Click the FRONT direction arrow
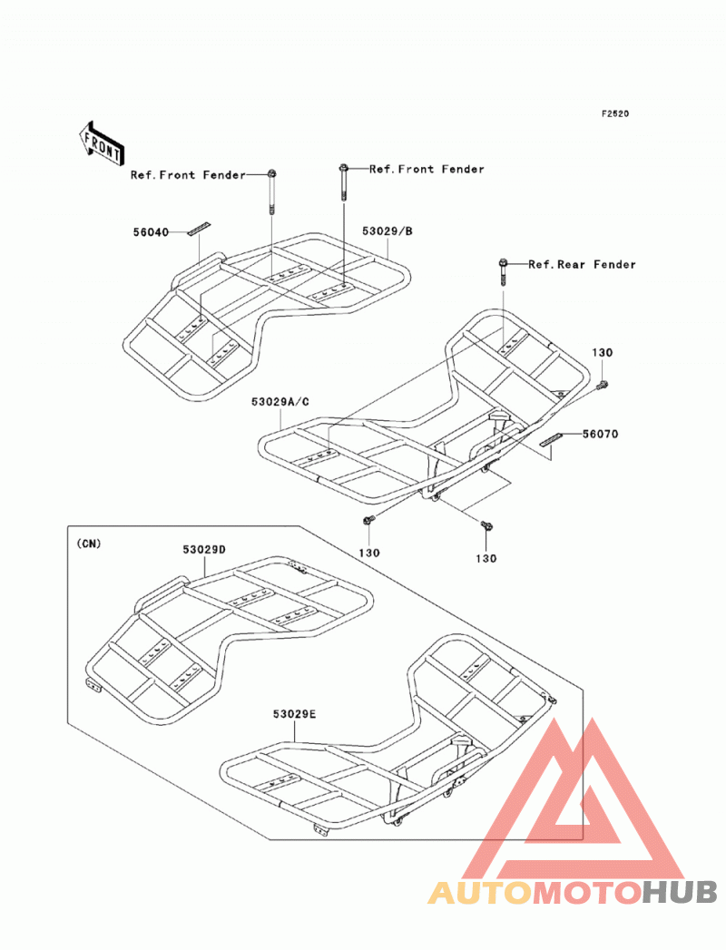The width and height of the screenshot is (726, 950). pos(101,144)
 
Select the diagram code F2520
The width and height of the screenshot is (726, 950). pos(614,113)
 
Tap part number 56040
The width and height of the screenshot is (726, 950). pos(151,232)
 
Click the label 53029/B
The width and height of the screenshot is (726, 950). pos(388,230)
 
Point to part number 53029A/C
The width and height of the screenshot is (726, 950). pos(280,402)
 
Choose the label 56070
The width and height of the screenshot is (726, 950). pos(601,434)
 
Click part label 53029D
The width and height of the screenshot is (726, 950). pos(204,550)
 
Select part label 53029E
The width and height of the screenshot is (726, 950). pos(294,714)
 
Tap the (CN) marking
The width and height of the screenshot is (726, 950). pos(89,544)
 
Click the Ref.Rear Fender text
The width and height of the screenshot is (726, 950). pos(582,264)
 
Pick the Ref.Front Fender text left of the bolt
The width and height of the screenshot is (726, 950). pos(188,175)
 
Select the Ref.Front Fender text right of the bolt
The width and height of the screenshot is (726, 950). pos(427,169)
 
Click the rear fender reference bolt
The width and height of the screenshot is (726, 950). pos(503,272)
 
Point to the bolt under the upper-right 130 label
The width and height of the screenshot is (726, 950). pos(602,384)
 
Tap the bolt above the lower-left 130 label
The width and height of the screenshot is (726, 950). pos(368,520)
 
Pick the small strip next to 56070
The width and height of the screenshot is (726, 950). pos(552,439)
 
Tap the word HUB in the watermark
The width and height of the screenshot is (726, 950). pos(680,892)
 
